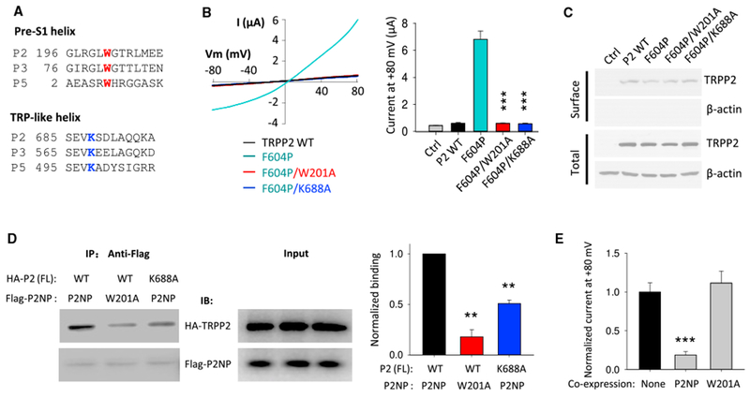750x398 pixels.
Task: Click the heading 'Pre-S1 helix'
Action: [x=51, y=33]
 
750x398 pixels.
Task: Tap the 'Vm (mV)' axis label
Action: [x=227, y=54]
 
